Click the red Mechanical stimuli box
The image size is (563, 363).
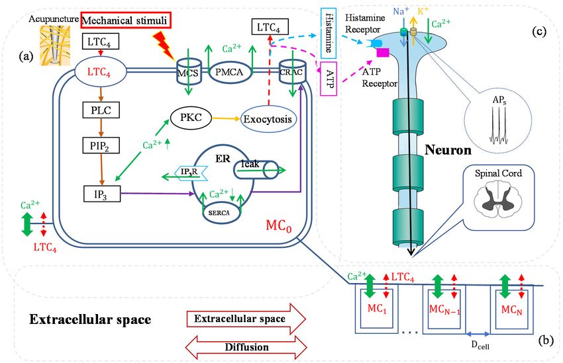pyautogui.click(x=125, y=20)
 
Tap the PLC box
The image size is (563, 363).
pyautogui.click(x=101, y=110)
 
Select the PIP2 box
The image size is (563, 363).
pyautogui.click(x=101, y=145)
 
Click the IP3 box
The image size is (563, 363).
pyautogui.click(x=102, y=194)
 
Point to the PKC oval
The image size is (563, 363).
pyautogui.click(x=191, y=118)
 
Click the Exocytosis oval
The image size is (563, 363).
pyautogui.click(x=268, y=119)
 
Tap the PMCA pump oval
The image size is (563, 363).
pyautogui.click(x=229, y=72)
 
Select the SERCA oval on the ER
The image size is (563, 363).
pyautogui.click(x=219, y=212)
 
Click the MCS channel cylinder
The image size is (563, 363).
pyautogui.click(x=188, y=72)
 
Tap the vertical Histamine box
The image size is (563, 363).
pyautogui.click(x=328, y=33)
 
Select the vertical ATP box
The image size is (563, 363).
pyautogui.click(x=328, y=79)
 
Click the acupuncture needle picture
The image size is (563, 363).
pyautogui.click(x=54, y=45)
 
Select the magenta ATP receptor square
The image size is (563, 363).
pyautogui.click(x=383, y=53)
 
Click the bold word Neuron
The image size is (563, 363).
pyautogui.click(x=448, y=150)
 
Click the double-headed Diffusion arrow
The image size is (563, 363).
pyautogui.click(x=246, y=347)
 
